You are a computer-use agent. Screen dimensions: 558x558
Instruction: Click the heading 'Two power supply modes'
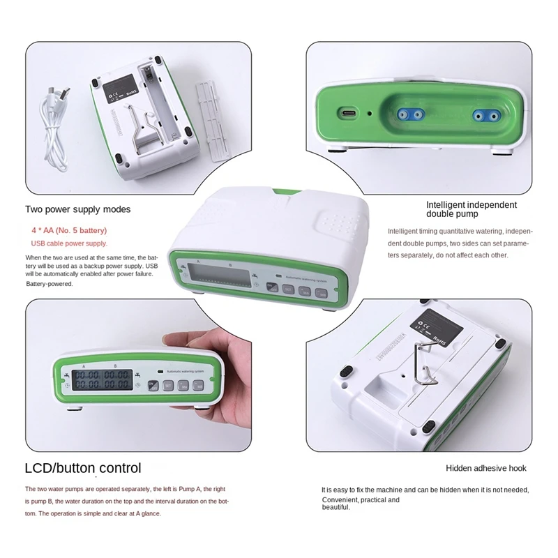[x=77, y=209]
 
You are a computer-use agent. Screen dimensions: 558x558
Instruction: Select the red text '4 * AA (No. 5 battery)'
[x=69, y=230]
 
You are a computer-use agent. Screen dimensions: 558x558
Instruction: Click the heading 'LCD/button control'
[x=83, y=468]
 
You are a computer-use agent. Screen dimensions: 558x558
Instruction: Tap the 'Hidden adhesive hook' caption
[x=486, y=469]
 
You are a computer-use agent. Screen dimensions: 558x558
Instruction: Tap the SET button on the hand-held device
[x=168, y=385]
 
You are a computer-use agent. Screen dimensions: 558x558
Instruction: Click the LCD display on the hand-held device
[x=98, y=381]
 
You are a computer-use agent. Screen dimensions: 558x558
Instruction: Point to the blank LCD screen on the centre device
[x=223, y=276]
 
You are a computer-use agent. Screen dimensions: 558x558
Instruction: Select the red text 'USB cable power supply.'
[x=69, y=243]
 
